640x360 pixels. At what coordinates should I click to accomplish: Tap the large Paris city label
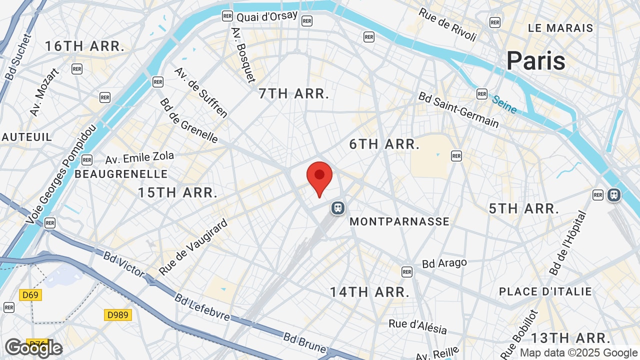(535, 61)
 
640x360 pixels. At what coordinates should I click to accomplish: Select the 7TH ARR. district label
(294, 93)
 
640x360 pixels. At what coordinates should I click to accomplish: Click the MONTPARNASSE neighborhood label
(399, 221)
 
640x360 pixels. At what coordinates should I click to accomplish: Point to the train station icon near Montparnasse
(338, 207)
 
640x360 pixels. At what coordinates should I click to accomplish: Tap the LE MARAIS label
(560, 28)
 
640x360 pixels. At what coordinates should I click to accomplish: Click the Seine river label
(504, 104)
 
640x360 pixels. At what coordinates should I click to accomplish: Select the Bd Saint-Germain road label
(458, 109)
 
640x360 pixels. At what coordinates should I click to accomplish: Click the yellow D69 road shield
(30, 294)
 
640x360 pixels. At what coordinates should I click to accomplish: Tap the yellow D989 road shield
(118, 315)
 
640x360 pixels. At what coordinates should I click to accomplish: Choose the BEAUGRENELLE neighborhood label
(121, 174)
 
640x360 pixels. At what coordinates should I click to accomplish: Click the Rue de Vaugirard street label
(193, 246)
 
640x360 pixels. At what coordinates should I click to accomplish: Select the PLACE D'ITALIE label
(545, 291)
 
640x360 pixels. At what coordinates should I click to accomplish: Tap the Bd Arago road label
(444, 263)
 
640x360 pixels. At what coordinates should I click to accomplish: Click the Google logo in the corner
(33, 348)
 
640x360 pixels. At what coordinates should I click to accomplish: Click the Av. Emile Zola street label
(139, 158)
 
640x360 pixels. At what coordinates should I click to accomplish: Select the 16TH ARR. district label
(84, 46)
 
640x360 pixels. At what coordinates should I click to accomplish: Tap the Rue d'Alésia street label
(417, 326)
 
